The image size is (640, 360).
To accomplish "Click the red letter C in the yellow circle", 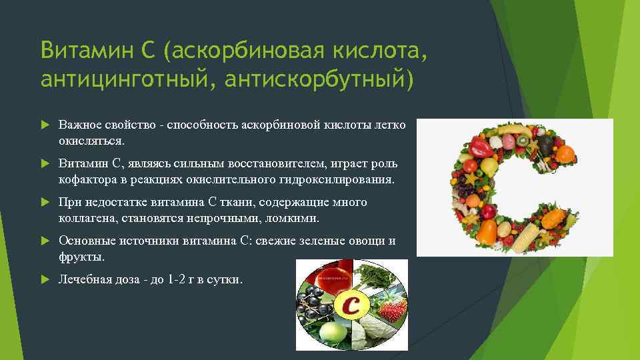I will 352,306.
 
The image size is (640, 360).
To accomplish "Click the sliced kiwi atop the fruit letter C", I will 525,141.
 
